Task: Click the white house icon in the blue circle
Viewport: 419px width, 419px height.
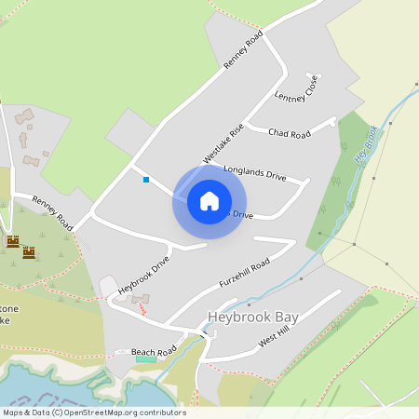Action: pos(209,201)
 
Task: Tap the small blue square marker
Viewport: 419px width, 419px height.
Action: pos(146,180)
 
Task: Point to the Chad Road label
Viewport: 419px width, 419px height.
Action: pos(289,134)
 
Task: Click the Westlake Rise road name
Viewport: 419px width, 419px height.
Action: pos(223,143)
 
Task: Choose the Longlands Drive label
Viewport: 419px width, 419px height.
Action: pos(255,174)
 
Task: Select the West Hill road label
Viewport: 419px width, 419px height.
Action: pos(275,336)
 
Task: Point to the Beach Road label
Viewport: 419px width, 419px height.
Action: pos(154,352)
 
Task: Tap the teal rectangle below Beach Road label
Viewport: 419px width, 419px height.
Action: pos(146,359)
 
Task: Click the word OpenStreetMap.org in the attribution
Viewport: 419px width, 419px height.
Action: pos(97,412)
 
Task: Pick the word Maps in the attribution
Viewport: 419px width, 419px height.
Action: pos(13,412)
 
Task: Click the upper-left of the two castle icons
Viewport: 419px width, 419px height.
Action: pos(13,241)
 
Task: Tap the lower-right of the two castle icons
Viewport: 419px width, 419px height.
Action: pos(29,251)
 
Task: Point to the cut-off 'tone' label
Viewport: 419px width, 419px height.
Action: pos(5,306)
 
